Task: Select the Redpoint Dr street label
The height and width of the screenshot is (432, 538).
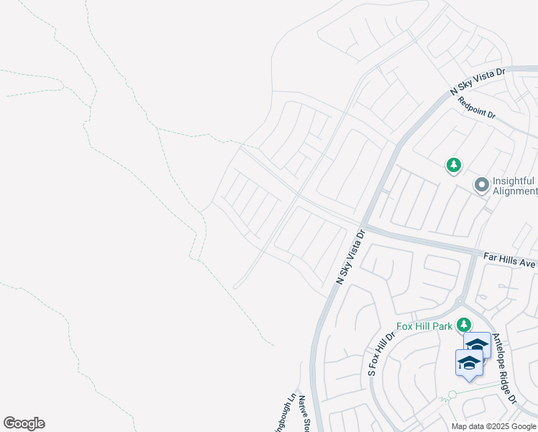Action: (x=478, y=108)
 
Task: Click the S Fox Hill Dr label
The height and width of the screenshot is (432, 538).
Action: (x=382, y=354)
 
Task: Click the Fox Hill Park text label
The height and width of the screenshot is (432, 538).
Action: (x=424, y=326)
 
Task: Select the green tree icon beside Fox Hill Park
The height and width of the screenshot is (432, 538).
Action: (x=464, y=325)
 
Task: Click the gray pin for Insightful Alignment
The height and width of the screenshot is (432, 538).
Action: (x=481, y=186)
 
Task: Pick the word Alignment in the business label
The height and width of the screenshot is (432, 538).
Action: (x=515, y=192)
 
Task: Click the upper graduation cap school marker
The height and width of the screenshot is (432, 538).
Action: (x=477, y=346)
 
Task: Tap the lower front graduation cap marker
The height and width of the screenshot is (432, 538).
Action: (x=468, y=363)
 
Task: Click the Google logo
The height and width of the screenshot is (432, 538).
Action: (x=24, y=423)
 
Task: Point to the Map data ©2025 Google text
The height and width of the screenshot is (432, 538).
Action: (x=493, y=426)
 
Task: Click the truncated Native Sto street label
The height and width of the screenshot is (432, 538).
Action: (x=304, y=413)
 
